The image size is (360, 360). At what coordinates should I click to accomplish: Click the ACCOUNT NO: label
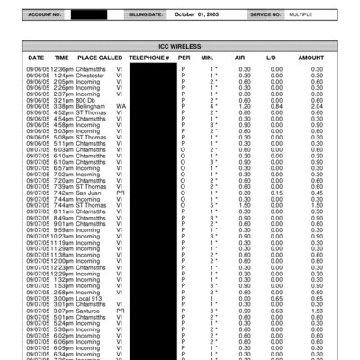[46, 15]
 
